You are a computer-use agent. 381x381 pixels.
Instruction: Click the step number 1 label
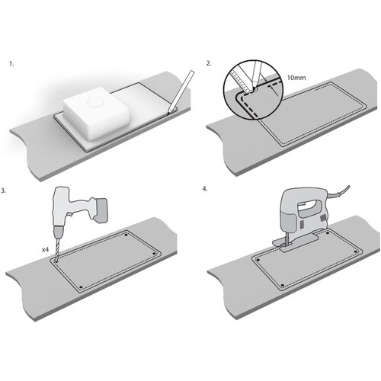(x=11, y=64)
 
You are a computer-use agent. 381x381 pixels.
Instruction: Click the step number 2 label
(x=209, y=63)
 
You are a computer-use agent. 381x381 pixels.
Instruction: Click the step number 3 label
(x=4, y=190)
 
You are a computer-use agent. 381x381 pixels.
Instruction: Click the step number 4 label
(x=205, y=189)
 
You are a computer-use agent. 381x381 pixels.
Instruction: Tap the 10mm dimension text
(x=296, y=78)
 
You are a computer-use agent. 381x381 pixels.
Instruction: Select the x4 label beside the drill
(x=45, y=250)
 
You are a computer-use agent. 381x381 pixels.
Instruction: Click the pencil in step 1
(x=181, y=91)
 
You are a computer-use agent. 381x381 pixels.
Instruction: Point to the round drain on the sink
(x=94, y=103)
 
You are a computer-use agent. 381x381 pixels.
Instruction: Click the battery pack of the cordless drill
(x=100, y=210)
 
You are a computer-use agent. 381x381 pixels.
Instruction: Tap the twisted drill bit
(x=57, y=248)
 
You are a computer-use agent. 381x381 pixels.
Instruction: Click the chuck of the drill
(x=59, y=231)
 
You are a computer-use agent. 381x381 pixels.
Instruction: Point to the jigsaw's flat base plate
(x=296, y=242)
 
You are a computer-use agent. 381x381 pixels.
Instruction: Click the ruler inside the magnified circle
(x=241, y=79)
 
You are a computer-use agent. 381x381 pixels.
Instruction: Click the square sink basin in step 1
(x=96, y=114)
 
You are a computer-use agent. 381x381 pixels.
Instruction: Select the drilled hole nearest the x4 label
(x=56, y=261)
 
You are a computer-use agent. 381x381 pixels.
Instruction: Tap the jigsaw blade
(x=287, y=239)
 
